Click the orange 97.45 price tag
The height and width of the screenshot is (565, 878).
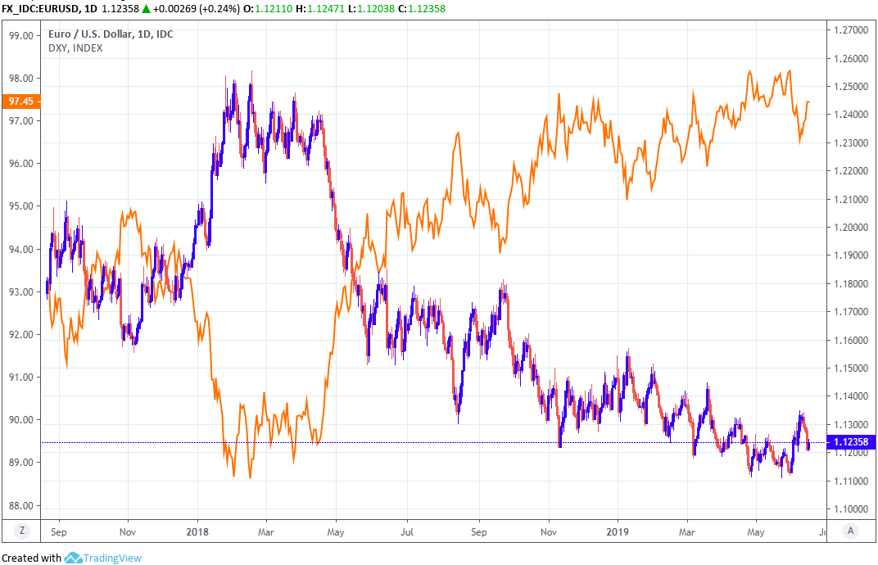[21, 102]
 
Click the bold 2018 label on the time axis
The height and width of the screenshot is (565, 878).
[197, 531]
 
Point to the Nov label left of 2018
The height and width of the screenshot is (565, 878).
[128, 531]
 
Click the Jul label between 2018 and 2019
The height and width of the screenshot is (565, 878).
[407, 531]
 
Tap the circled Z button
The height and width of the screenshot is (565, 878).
[23, 531]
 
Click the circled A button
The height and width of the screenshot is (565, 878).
[852, 531]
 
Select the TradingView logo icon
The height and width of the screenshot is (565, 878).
[73, 558]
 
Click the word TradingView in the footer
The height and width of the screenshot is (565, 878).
[111, 558]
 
